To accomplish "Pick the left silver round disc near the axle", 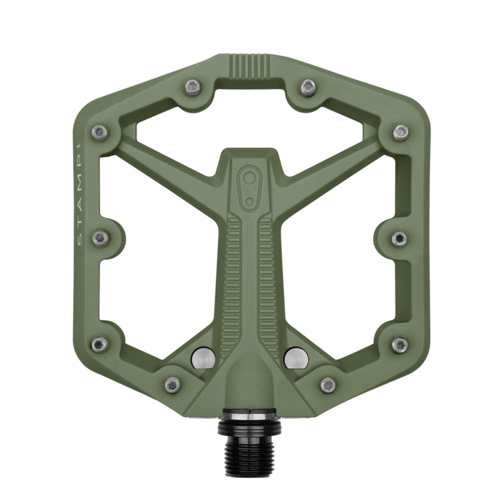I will coord(203,357).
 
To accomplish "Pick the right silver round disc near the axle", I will coord(296,357).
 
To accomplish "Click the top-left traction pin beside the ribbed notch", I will coord(194,87).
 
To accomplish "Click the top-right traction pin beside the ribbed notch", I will coord(308,87).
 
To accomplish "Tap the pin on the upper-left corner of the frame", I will coord(99,132).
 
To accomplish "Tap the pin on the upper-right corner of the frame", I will coord(400,132).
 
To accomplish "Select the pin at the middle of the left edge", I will coord(100,238).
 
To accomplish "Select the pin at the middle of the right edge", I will coord(399,238).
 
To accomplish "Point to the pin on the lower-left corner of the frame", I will coord(99,345).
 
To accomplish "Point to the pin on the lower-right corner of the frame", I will coord(400,345).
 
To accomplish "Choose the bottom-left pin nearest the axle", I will coord(173,385).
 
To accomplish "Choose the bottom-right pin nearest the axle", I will coord(327,385).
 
